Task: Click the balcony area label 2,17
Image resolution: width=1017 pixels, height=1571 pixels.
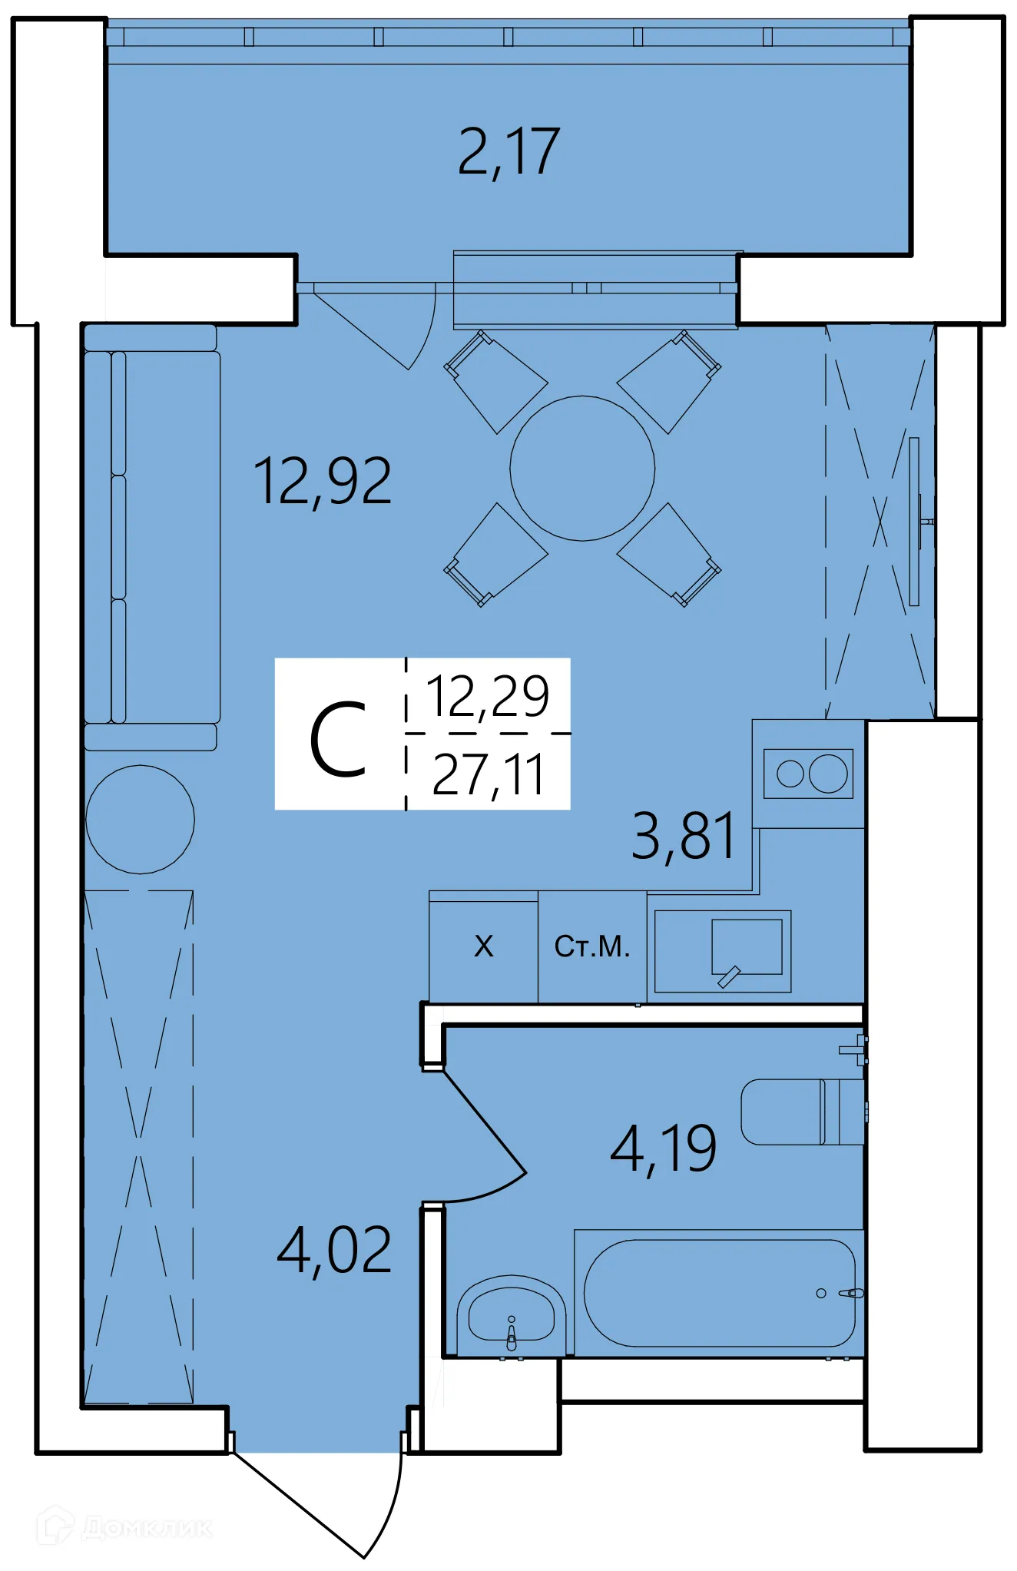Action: (508, 152)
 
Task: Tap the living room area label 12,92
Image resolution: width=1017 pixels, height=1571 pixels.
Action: (323, 482)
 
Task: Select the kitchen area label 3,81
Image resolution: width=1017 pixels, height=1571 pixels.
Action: (683, 836)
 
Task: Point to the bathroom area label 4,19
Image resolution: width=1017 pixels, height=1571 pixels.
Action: (663, 1150)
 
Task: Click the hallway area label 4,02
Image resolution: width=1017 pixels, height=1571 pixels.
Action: (334, 1251)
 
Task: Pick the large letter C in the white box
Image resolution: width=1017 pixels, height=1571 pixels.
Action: (338, 740)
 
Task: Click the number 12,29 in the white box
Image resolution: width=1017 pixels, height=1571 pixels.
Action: (488, 696)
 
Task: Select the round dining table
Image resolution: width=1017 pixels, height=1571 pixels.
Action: (582, 469)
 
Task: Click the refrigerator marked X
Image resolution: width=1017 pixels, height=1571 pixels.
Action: (483, 946)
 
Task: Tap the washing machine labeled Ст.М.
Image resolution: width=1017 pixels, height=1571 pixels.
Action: (592, 946)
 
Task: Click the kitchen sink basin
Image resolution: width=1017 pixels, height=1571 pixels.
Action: (746, 946)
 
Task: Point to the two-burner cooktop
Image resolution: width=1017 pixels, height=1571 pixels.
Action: (808, 774)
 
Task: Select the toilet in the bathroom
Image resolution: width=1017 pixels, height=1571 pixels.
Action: (799, 1112)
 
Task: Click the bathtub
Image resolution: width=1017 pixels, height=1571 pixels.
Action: (719, 1293)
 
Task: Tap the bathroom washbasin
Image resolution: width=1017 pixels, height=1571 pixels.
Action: (511, 1315)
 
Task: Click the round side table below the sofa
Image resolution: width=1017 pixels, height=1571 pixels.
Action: (140, 819)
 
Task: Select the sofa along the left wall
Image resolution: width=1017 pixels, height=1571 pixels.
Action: (152, 536)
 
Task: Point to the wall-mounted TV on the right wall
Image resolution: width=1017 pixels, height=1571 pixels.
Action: (914, 522)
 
